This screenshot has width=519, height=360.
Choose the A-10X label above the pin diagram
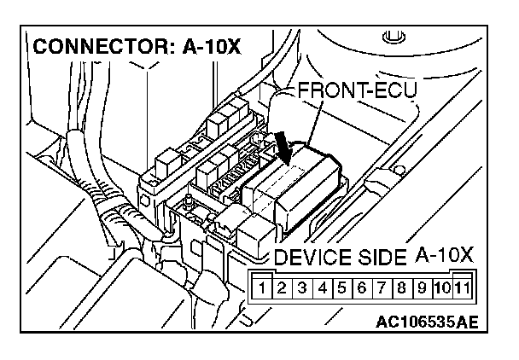(444, 256)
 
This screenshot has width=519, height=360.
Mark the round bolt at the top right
(392, 38)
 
